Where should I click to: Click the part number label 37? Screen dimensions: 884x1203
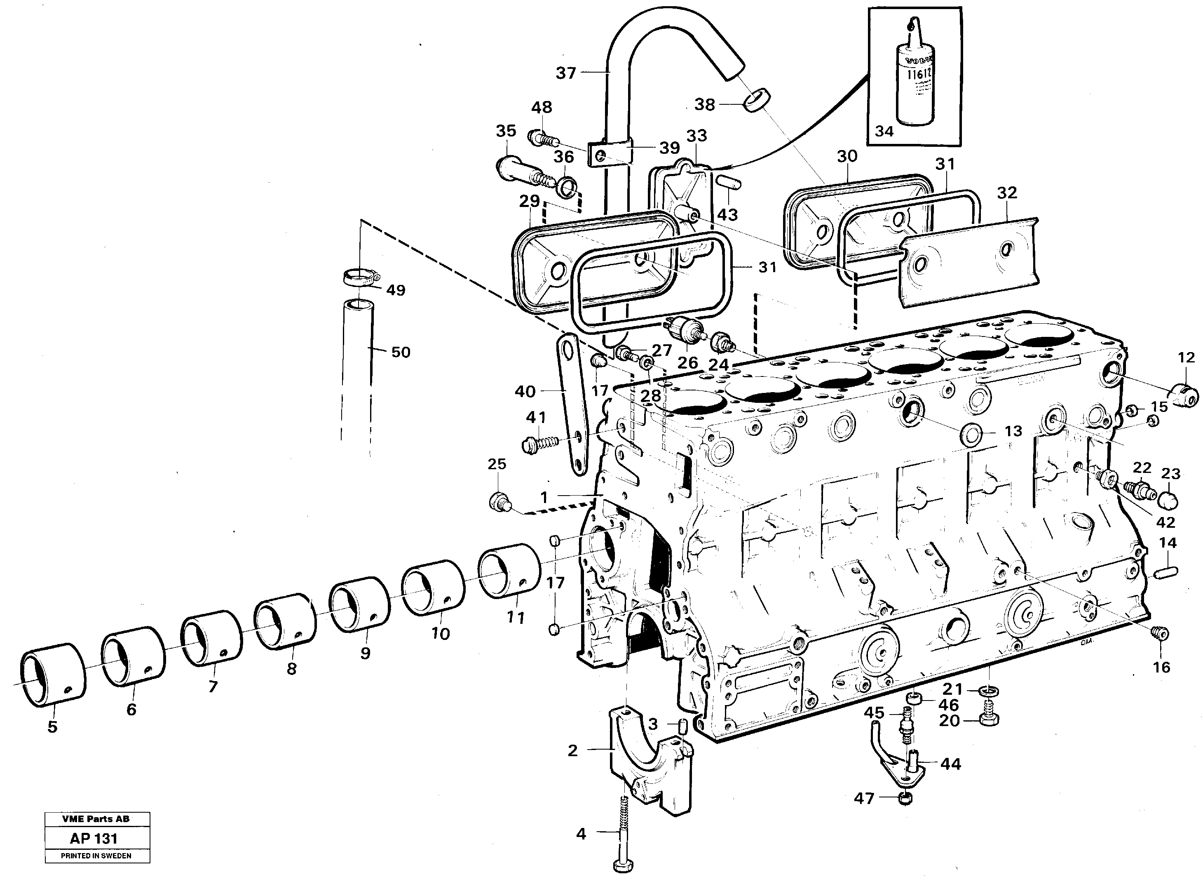[x=566, y=73]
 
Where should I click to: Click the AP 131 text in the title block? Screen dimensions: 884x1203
[x=94, y=839]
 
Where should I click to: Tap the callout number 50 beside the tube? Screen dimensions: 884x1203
[x=401, y=352]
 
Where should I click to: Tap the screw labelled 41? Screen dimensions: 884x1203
[x=540, y=444]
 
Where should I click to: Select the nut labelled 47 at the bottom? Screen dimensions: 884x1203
[x=905, y=814]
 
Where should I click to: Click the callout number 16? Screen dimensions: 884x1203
[x=1161, y=667]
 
